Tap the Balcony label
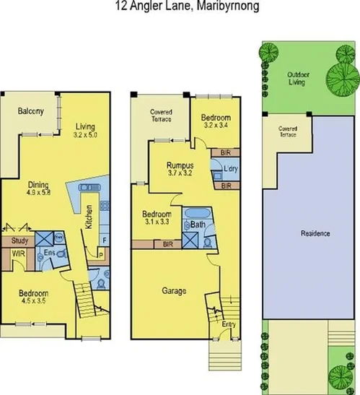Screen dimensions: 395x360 coord(31,111)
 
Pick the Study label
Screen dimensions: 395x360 coord(20,241)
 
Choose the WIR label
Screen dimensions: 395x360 coord(19,254)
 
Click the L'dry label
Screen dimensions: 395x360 coord(232,169)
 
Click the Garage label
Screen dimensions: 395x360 coord(174,291)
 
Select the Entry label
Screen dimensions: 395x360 coord(228,324)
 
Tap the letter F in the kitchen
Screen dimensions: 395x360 coord(104,239)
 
